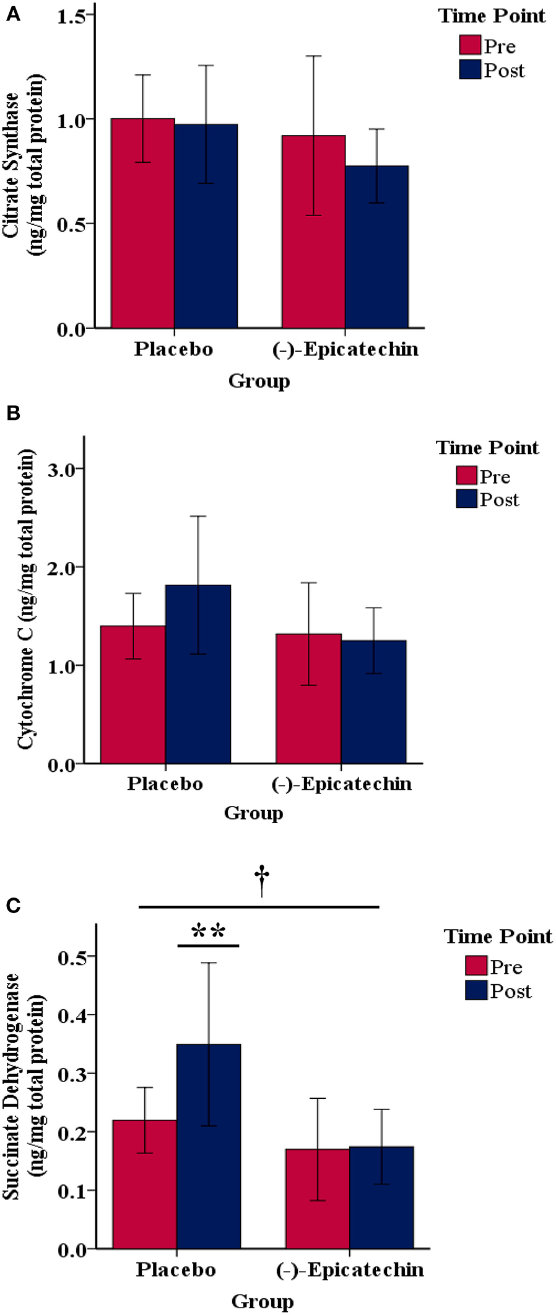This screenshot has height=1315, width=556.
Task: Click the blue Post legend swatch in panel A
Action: (x=470, y=69)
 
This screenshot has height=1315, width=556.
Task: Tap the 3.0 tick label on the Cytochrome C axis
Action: (x=62, y=470)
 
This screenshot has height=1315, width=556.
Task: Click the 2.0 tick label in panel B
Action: (x=62, y=567)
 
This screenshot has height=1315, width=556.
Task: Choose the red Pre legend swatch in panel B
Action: (x=466, y=475)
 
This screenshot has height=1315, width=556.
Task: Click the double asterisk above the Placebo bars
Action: (x=208, y=931)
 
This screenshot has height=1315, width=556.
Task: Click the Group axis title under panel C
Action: (x=263, y=1301)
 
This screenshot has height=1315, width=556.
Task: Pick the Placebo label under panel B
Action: (x=165, y=784)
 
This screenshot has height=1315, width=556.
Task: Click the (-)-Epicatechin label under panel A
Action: (x=345, y=349)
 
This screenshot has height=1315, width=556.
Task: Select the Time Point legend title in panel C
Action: (x=498, y=936)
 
